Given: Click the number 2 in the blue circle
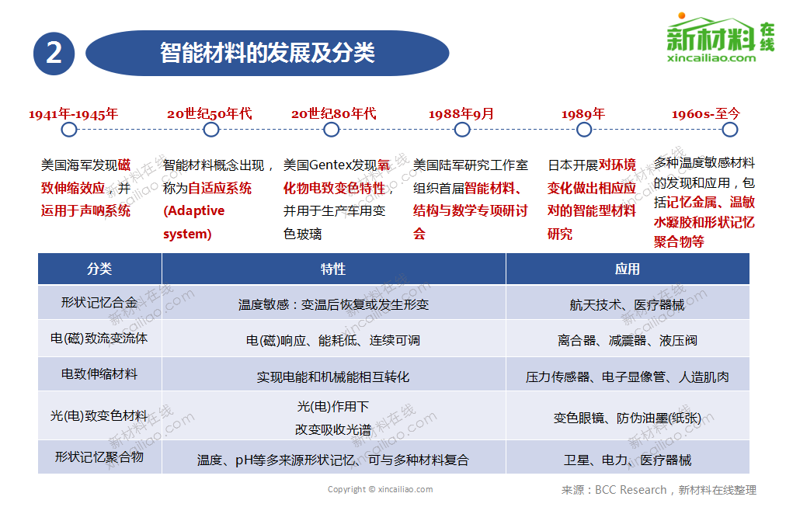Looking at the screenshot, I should pyautogui.click(x=54, y=53).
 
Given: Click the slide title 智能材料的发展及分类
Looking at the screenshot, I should pyautogui.click(x=267, y=52).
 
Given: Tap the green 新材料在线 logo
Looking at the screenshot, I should pyautogui.click(x=720, y=39).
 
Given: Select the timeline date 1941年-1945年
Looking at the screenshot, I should pyautogui.click(x=73, y=114).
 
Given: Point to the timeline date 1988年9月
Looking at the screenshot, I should pyautogui.click(x=461, y=114).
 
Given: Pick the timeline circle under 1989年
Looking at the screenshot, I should pyautogui.click(x=583, y=130).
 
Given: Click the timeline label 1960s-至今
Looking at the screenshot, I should pyautogui.click(x=706, y=114).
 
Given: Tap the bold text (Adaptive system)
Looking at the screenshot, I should pyautogui.click(x=193, y=222).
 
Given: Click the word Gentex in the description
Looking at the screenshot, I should pyautogui.click(x=331, y=165).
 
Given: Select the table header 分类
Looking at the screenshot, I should pyautogui.click(x=99, y=269).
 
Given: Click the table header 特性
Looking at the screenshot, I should pyautogui.click(x=333, y=269).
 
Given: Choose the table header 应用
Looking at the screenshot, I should pyautogui.click(x=627, y=269).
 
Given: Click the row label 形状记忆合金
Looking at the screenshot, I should pyautogui.click(x=99, y=303).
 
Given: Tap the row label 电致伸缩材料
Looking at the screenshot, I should pyautogui.click(x=99, y=374).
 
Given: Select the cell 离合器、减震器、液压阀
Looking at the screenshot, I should pyautogui.click(x=627, y=340).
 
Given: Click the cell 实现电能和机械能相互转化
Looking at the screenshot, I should pyautogui.click(x=333, y=377).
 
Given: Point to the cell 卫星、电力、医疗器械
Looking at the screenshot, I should pyautogui.click(x=627, y=460).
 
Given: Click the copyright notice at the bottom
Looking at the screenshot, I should pyautogui.click(x=380, y=489).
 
